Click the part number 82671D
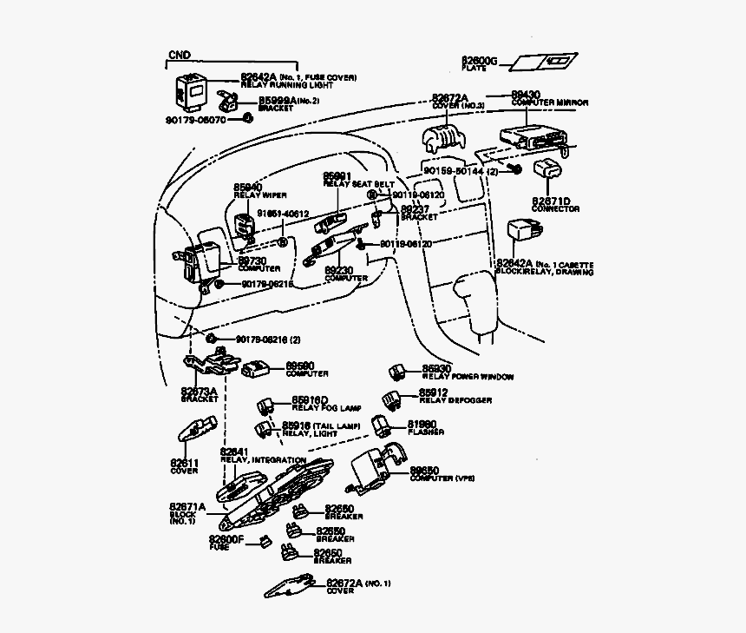click(552, 201)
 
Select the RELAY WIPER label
click(260, 195)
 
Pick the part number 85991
click(337, 175)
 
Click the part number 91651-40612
click(283, 214)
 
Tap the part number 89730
click(252, 260)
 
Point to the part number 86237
click(415, 209)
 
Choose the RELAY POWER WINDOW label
click(468, 377)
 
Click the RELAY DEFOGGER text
click(455, 400)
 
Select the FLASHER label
click(426, 432)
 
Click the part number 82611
click(184, 464)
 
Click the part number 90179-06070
click(196, 119)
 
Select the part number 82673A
click(199, 391)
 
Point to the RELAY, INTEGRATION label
click(256, 459)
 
